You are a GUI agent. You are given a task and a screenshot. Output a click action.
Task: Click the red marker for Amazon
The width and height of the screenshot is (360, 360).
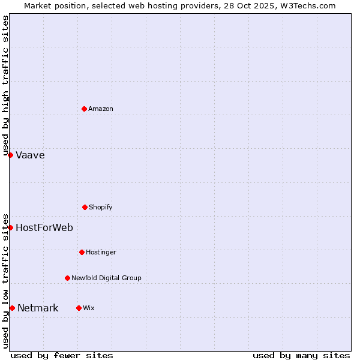[84, 109]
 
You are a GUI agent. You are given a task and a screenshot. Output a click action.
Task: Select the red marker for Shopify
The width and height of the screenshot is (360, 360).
[85, 207]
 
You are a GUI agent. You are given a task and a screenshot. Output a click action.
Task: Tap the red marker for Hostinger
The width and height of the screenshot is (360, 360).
[82, 252]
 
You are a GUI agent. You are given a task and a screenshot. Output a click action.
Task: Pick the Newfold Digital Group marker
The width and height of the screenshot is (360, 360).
[67, 278]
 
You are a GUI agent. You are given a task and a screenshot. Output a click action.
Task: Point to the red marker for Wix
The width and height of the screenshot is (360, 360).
[79, 308]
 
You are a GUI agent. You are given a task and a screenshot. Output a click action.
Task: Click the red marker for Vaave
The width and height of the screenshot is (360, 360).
[10, 155]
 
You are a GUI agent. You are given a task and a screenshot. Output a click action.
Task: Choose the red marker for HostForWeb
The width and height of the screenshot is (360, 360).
[10, 227]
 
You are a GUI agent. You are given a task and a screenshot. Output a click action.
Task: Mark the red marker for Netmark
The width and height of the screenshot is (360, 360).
[12, 308]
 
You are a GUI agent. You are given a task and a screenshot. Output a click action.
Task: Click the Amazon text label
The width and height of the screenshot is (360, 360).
[101, 109]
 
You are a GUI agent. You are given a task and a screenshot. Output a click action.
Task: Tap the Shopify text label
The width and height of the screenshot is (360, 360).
[101, 207]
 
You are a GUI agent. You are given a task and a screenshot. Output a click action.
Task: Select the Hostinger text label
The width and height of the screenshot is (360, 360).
[101, 252]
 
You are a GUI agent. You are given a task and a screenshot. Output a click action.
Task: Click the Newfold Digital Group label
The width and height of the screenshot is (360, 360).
[106, 278]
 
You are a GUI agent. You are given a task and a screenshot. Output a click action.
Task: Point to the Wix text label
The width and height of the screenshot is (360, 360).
[89, 308]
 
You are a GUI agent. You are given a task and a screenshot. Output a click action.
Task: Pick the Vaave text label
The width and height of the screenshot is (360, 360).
[30, 155]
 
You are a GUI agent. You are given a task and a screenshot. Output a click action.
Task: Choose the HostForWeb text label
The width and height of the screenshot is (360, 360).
[44, 227]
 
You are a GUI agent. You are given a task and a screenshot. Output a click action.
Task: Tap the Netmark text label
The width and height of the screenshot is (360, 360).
[38, 308]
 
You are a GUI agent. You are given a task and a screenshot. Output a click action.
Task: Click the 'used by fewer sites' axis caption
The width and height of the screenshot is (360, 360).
[62, 355]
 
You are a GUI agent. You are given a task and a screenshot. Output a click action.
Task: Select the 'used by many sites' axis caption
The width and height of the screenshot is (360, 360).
[301, 355]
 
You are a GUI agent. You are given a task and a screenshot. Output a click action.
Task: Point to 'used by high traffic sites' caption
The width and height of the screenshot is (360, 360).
[5, 85]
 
